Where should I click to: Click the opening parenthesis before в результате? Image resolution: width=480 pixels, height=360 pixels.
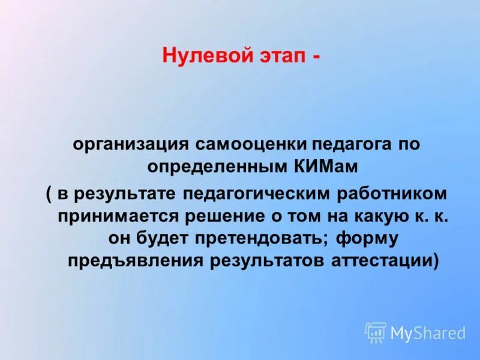coord(49,194)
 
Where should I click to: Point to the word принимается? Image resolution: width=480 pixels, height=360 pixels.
coord(122,216)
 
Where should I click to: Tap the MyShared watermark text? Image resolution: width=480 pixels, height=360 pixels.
coord(428,332)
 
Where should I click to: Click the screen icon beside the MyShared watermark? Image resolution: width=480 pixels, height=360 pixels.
coord(376,332)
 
